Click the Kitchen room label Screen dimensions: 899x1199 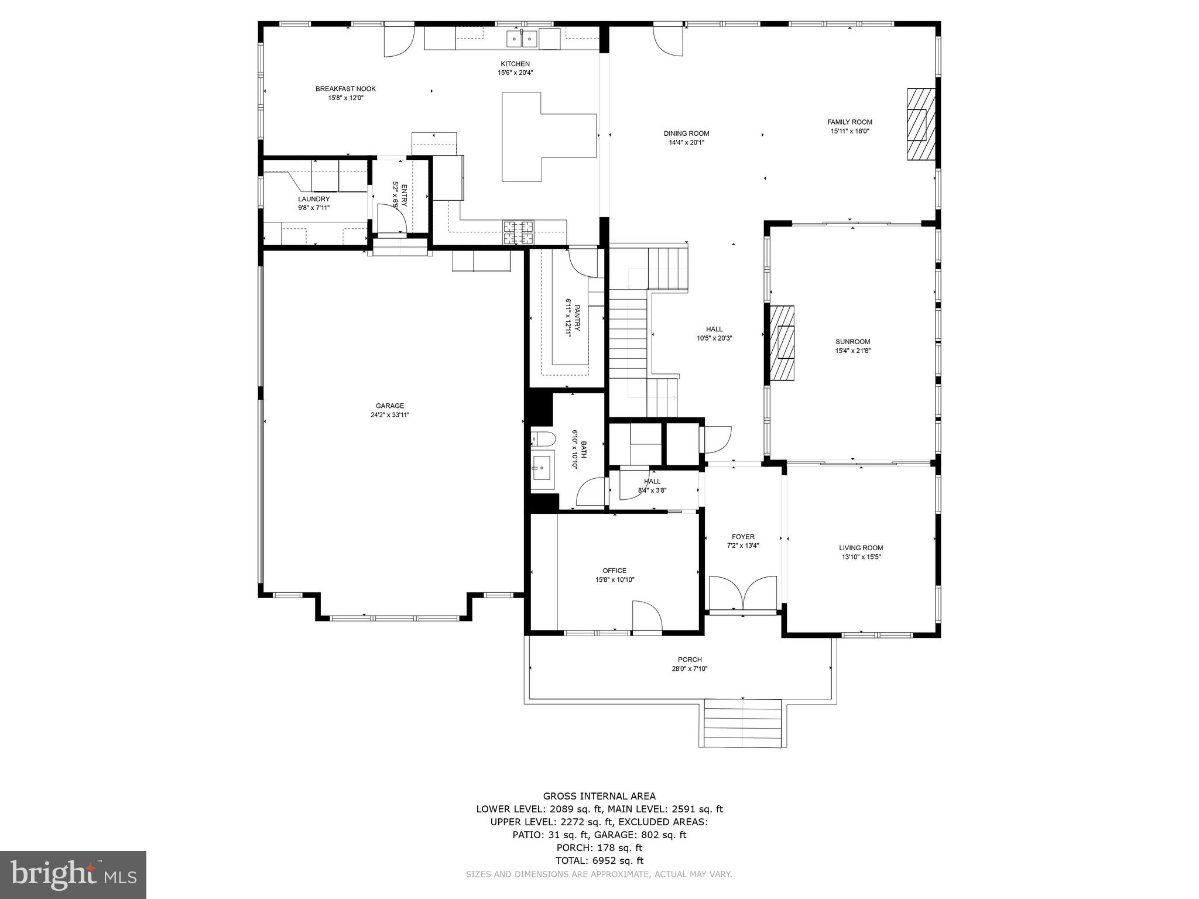point(515,64)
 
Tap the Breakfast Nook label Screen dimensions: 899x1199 point(345,89)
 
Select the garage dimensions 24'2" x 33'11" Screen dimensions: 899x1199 point(390,415)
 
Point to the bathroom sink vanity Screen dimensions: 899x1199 point(542,469)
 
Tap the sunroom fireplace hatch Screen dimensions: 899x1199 point(782,342)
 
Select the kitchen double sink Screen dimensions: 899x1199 point(522,39)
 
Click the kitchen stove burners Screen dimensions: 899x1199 point(518,232)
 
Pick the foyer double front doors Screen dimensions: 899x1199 point(742,593)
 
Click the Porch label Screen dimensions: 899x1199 point(690,660)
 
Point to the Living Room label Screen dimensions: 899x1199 point(861,548)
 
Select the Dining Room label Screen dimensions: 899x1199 point(686,133)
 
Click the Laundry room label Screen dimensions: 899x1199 point(314,199)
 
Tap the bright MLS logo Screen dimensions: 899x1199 point(73,874)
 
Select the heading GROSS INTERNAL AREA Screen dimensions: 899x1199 point(599,796)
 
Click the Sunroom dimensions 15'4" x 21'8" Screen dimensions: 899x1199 point(852,351)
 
